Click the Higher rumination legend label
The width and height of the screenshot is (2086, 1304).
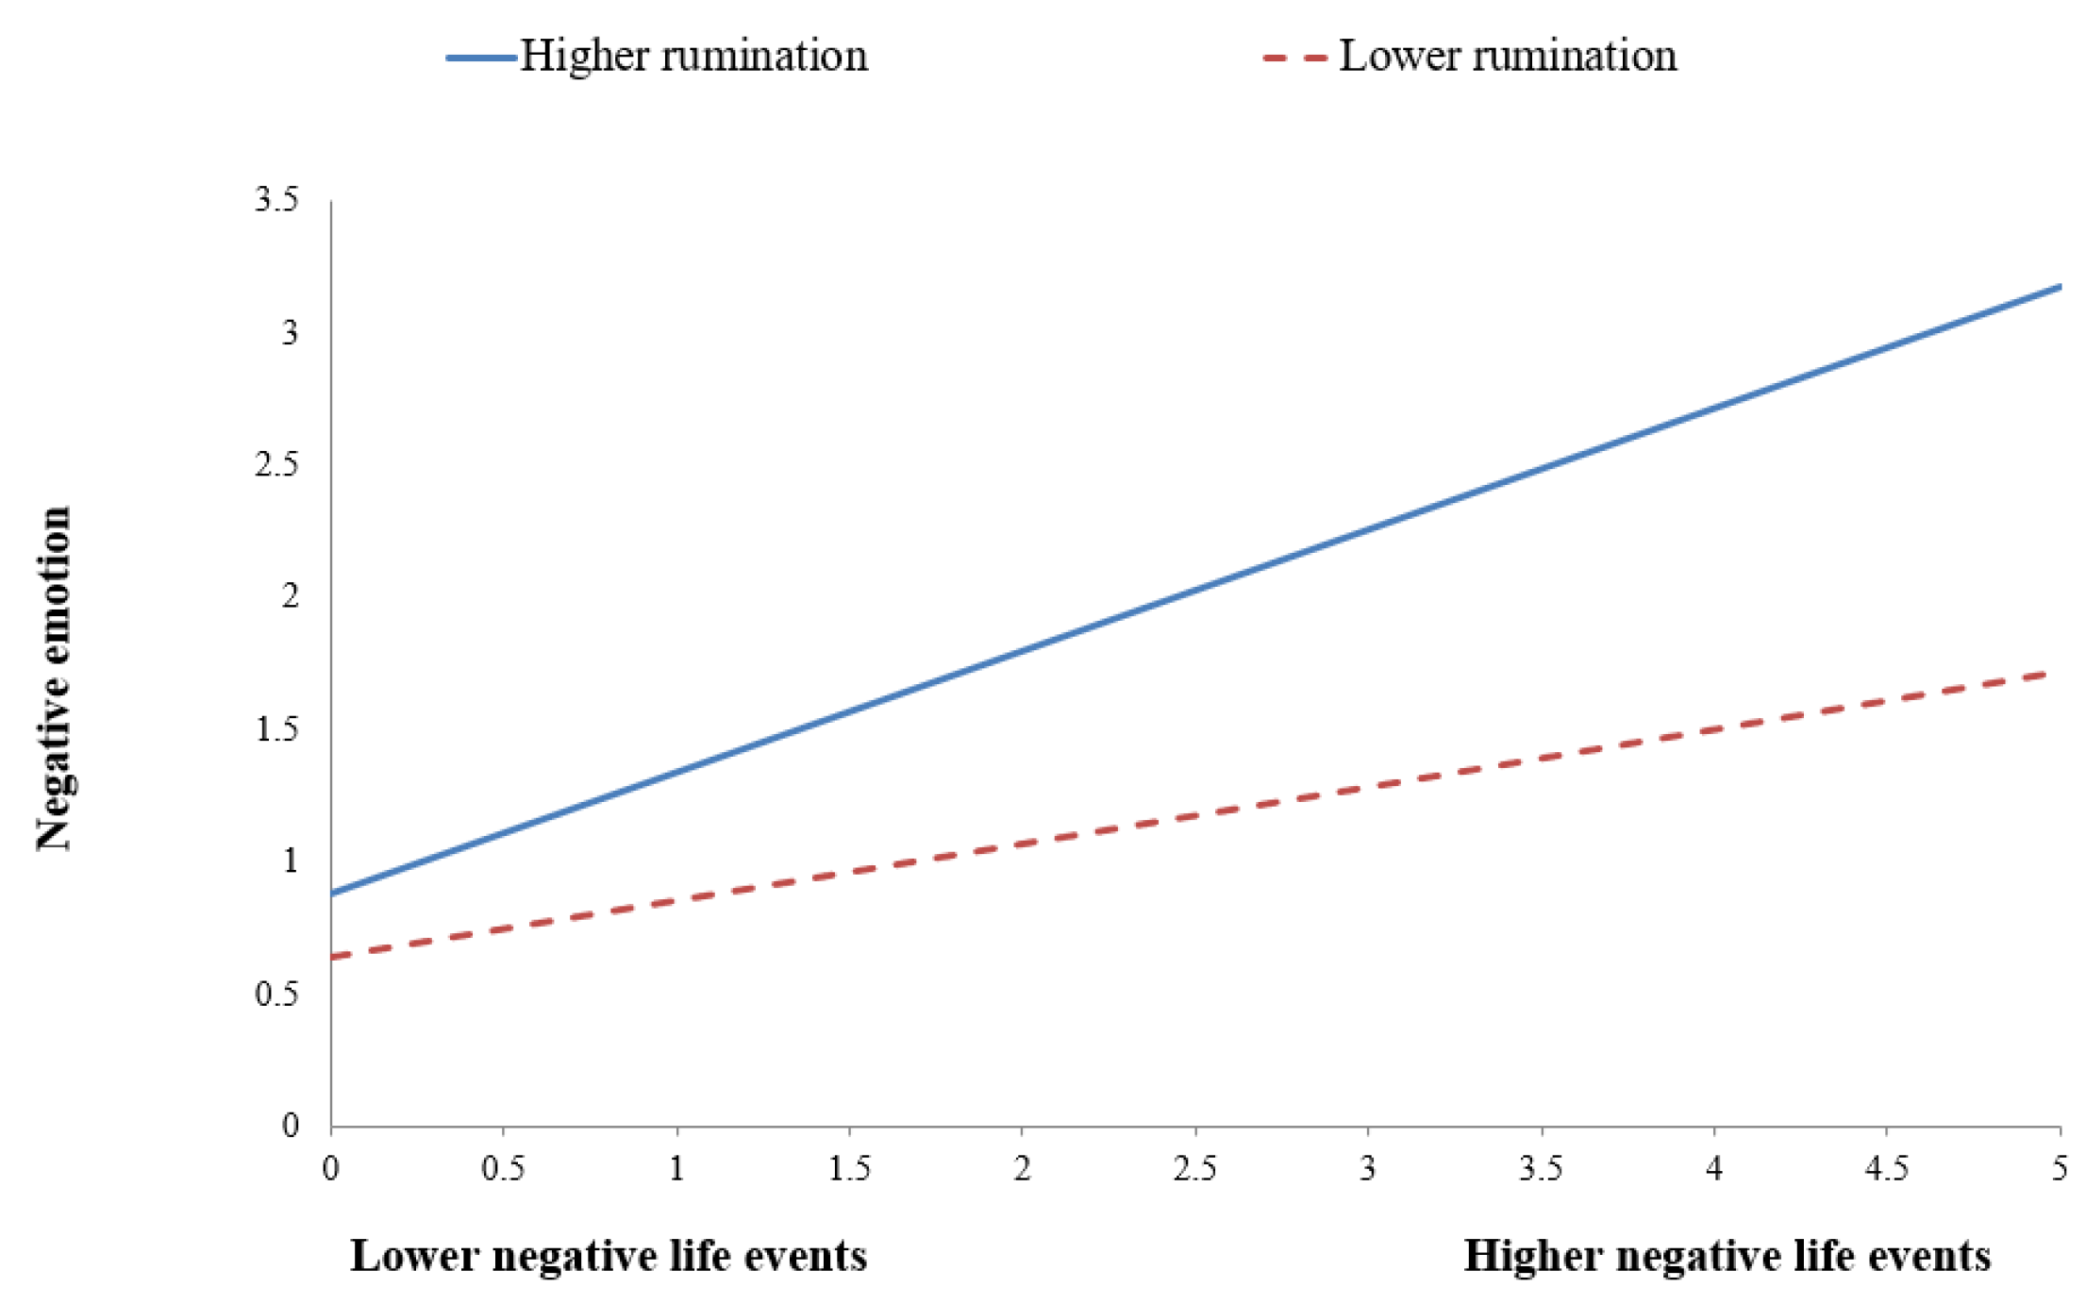(x=693, y=56)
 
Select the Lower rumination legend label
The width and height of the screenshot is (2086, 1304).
(x=1507, y=56)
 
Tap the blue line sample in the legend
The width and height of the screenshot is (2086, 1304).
(x=481, y=59)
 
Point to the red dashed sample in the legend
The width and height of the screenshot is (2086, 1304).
(x=1294, y=59)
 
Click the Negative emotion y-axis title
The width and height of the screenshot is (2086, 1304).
(x=54, y=677)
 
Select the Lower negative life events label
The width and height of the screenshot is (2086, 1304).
(x=609, y=1256)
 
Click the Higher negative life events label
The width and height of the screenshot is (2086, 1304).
(x=1727, y=1256)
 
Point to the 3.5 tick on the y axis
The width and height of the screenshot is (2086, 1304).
(x=276, y=200)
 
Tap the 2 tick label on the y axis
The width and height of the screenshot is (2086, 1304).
(x=290, y=596)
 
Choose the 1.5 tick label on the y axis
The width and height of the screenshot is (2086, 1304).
(x=276, y=728)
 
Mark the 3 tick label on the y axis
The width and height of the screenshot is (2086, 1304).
(x=290, y=332)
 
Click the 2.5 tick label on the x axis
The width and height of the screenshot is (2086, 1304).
(x=1194, y=1169)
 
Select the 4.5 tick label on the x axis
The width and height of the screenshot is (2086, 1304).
(x=1886, y=1169)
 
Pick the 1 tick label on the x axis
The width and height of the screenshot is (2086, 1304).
(x=676, y=1169)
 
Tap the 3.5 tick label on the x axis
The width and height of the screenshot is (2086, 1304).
(x=1541, y=1169)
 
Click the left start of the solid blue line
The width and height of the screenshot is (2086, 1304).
(x=333, y=893)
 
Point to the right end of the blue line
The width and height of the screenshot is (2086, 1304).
(x=2059, y=287)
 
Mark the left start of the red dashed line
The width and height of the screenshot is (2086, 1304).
(x=333, y=958)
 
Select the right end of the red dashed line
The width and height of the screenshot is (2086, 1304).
(x=2044, y=674)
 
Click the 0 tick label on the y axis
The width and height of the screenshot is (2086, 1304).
(x=290, y=1125)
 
